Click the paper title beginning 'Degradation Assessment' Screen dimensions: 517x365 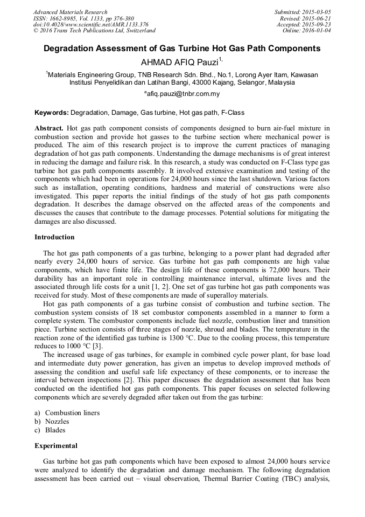pyautogui.click(x=182, y=49)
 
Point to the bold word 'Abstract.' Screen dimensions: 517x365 pyautogui.click(x=49, y=129)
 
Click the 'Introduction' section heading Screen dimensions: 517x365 pyautogui.click(x=54, y=237)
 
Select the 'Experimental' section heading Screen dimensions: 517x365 pyautogui.click(x=56, y=446)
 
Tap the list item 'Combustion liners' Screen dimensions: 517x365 pyautogui.click(x=72, y=413)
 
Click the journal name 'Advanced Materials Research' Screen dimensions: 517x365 pyautogui.click(x=70, y=12)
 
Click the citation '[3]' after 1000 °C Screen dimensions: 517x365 pyautogui.click(x=96, y=346)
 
